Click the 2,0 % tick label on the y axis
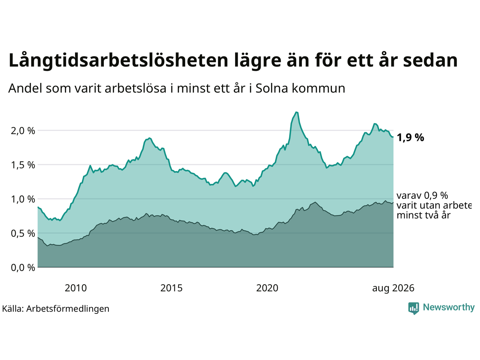(x=23, y=131)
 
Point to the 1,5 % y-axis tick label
(x=23, y=165)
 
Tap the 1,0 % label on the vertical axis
(x=23, y=199)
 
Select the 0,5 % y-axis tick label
(x=23, y=234)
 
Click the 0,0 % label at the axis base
(x=23, y=267)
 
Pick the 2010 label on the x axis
(x=76, y=288)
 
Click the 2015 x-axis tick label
(x=171, y=288)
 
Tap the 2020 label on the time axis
(x=267, y=288)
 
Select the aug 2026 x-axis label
(x=393, y=288)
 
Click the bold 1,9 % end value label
(x=410, y=138)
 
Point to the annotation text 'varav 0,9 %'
(x=422, y=196)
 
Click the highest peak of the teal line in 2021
(x=296, y=112)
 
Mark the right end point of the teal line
(x=393, y=137)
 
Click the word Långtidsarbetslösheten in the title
(x=118, y=60)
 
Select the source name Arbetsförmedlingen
(x=68, y=309)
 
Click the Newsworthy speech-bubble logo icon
(x=414, y=308)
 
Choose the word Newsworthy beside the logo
(x=449, y=307)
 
